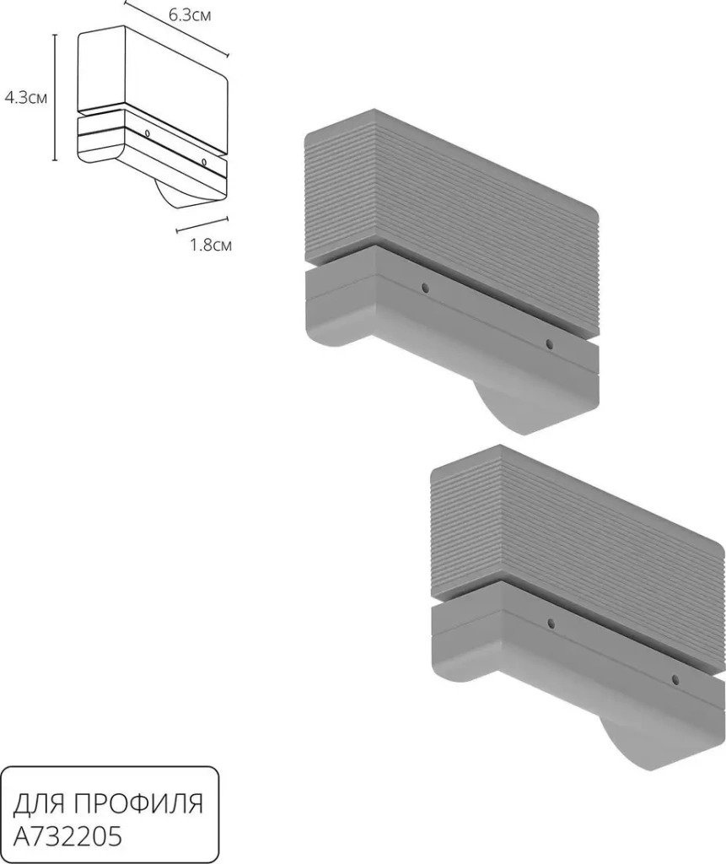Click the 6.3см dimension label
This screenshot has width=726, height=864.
coord(190,15)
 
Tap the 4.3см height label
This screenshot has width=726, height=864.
coord(26,98)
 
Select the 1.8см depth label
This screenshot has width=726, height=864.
coord(211,244)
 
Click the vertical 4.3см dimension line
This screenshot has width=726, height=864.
coord(55,97)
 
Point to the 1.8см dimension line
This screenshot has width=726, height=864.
coord(202,223)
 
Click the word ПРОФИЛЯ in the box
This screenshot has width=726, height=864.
coord(139,804)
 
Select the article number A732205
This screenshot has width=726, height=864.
coord(67,837)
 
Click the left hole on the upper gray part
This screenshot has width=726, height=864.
coord(425,288)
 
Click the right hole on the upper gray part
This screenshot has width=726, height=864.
coord(549,344)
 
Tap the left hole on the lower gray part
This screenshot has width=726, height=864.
coord(551,624)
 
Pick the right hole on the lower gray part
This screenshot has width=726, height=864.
coord(675,680)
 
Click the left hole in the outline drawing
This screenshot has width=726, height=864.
coord(147,133)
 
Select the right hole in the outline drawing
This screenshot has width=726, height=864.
coord(204,162)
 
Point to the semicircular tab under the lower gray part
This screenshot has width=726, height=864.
coord(625,744)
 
